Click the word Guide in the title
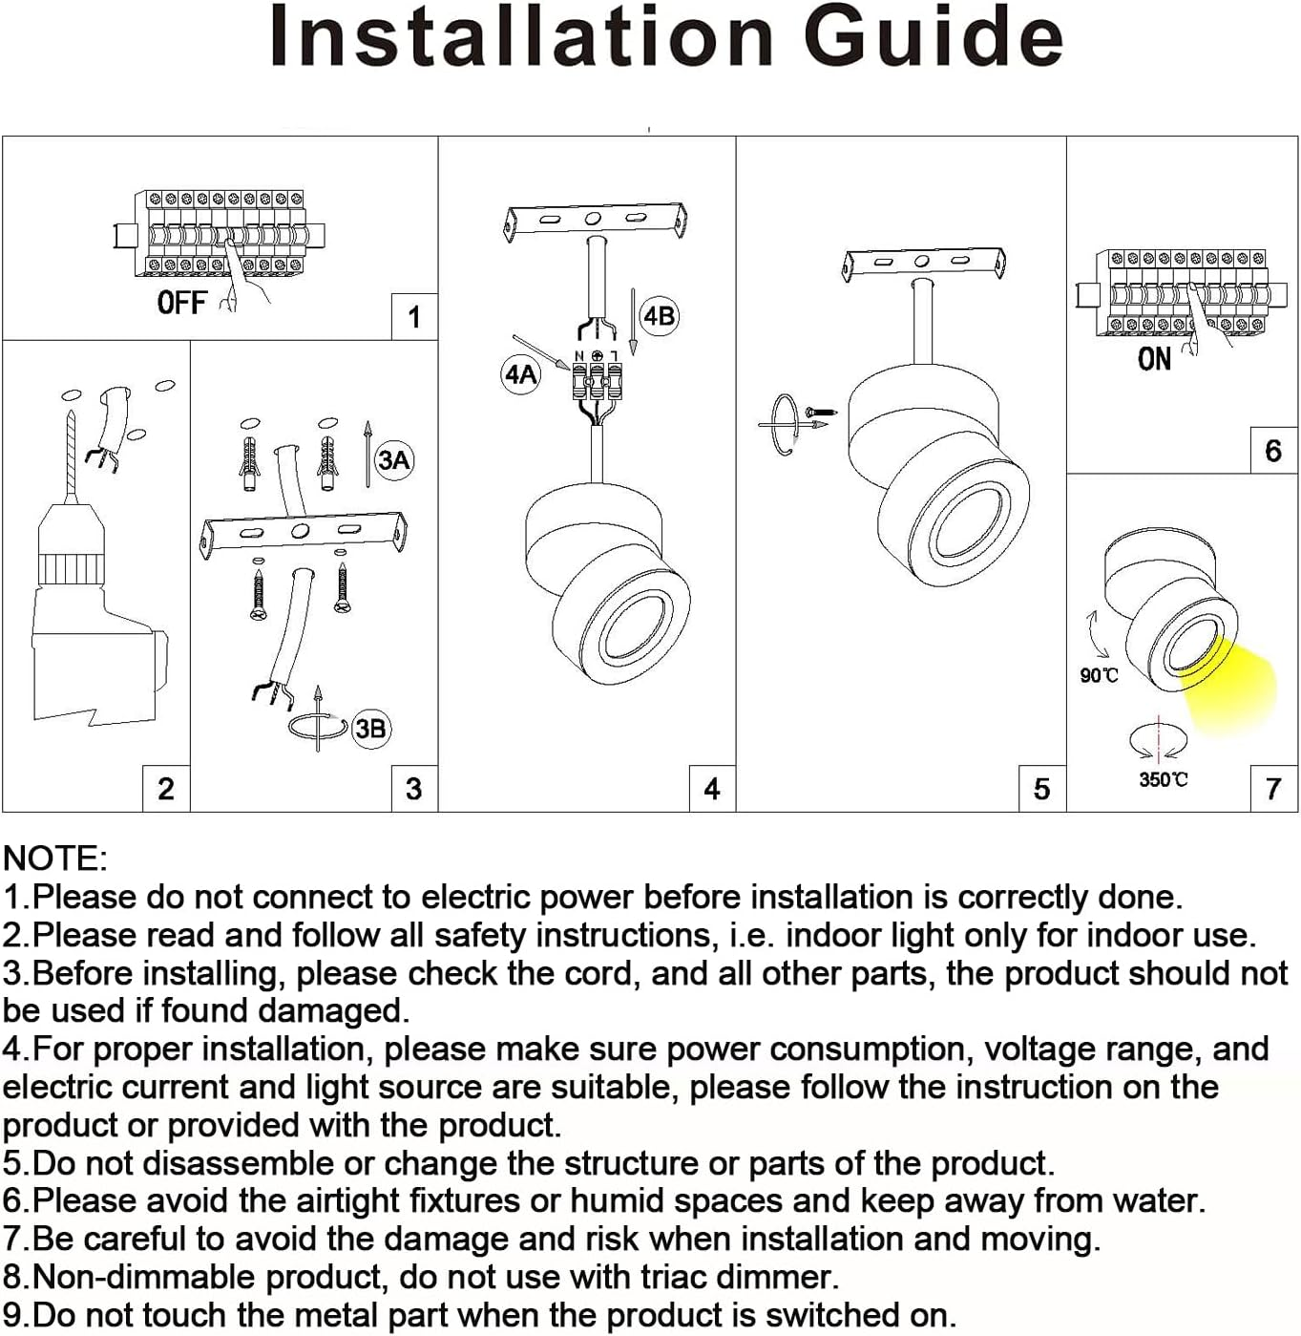click(x=933, y=36)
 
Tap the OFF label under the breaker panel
click(x=181, y=303)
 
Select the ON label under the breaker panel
click(x=1154, y=359)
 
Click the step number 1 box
click(x=414, y=317)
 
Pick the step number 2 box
click(x=166, y=789)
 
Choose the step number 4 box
click(x=712, y=789)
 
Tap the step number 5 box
click(x=1042, y=789)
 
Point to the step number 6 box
click(x=1273, y=451)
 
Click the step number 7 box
click(x=1273, y=789)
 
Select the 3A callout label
click(x=393, y=460)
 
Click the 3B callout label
click(x=370, y=730)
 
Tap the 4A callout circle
click(x=521, y=374)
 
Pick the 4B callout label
click(x=659, y=316)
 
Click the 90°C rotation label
click(x=1099, y=676)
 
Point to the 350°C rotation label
click(x=1163, y=780)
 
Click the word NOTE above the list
click(x=54, y=859)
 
